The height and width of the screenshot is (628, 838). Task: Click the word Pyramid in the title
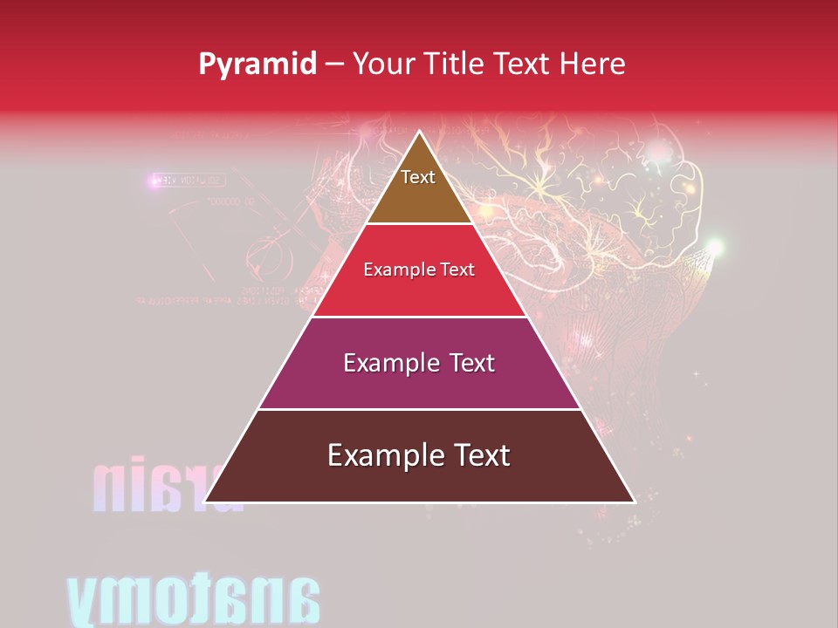click(258, 65)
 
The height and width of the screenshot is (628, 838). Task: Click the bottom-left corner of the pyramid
click(206, 502)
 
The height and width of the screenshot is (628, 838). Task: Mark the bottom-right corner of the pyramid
click(633, 502)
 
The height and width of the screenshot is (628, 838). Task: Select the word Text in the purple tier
click(470, 363)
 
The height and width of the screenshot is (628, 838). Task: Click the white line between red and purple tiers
click(419, 317)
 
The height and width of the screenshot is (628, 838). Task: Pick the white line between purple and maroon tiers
click(419, 409)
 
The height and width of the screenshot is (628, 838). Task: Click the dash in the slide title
click(334, 64)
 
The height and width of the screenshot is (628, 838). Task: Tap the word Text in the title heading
click(522, 64)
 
